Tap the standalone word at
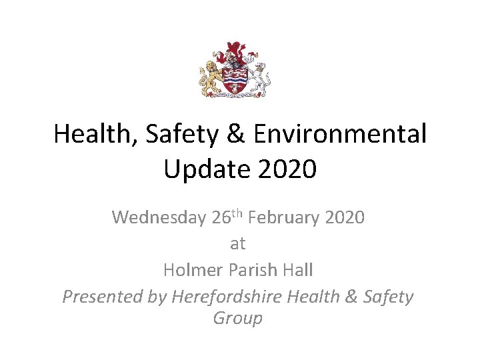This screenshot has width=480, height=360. pos(238,244)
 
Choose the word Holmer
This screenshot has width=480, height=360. pos(193,270)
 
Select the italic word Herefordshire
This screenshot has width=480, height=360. pos(227,297)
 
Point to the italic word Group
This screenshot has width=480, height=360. pos(238,319)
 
